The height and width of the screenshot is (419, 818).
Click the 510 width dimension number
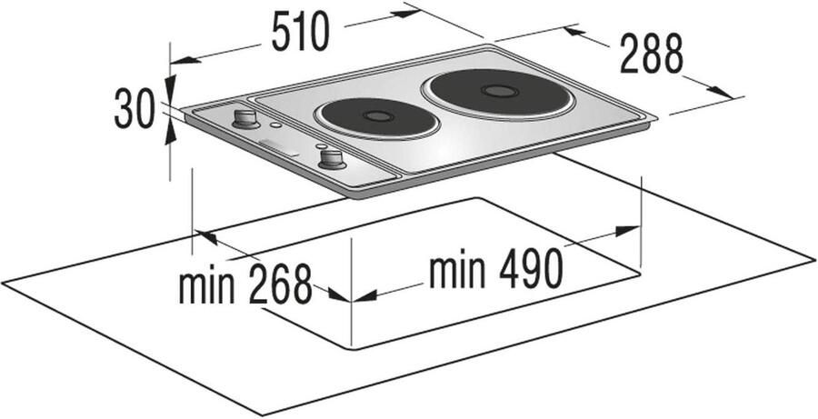(301, 33)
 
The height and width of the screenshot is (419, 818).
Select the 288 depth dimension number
(651, 54)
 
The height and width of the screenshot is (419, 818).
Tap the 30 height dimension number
(135, 108)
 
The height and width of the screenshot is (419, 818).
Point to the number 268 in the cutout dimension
(281, 284)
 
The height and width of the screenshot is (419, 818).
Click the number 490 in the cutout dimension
(531, 268)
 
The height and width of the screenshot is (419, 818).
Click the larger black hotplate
(500, 94)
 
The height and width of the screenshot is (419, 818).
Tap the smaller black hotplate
(375, 118)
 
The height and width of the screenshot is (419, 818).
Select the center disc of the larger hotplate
(500, 91)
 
